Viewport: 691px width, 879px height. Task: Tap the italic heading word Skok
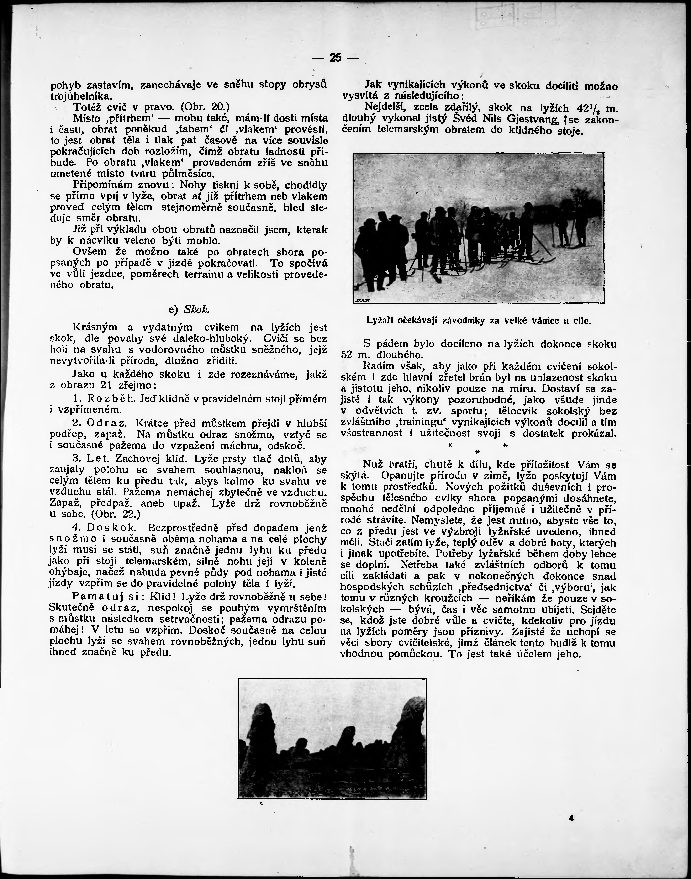(196, 309)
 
